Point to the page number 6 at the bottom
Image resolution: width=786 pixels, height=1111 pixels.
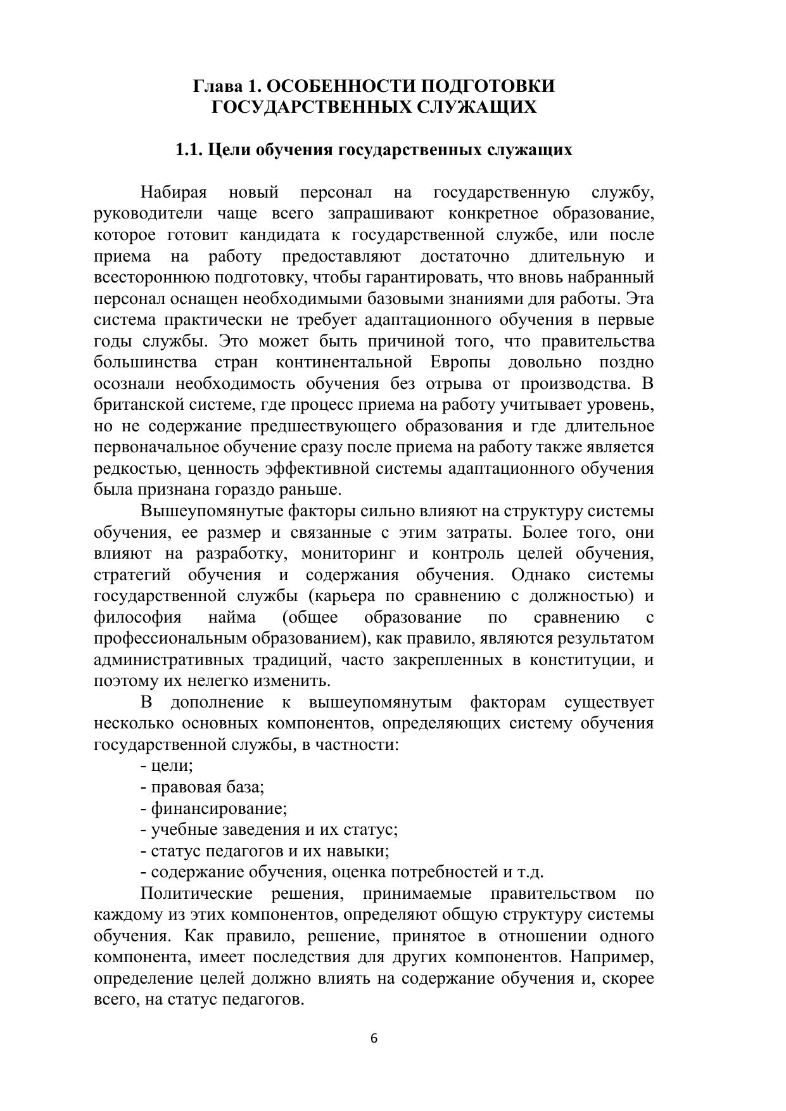tap(374, 1038)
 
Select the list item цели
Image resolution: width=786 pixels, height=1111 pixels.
tap(170, 766)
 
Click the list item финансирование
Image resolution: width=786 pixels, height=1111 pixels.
tap(219, 808)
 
